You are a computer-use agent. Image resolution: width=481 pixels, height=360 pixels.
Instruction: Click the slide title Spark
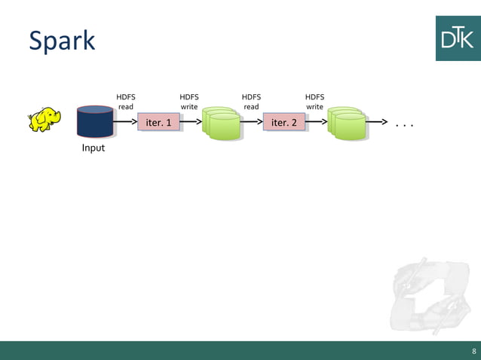(62, 41)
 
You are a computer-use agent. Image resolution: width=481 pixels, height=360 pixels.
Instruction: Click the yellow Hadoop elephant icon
(44, 119)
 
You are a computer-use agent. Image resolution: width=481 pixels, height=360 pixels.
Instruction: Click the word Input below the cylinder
(93, 148)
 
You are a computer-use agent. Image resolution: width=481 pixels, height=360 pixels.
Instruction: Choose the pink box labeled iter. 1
(158, 122)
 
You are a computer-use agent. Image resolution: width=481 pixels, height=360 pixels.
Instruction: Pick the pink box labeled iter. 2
(284, 122)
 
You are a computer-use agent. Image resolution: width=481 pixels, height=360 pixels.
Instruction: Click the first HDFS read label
(126, 102)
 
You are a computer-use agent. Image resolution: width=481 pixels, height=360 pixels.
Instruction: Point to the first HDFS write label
(188, 102)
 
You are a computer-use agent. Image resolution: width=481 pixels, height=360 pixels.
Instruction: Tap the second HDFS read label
(251, 102)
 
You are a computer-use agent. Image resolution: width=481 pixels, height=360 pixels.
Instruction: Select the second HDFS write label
(314, 102)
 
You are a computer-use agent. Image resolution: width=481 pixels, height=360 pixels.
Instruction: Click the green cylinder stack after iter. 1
(221, 123)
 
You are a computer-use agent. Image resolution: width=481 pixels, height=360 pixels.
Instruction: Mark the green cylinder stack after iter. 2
(347, 123)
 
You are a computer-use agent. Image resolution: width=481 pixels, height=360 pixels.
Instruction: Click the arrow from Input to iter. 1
(125, 122)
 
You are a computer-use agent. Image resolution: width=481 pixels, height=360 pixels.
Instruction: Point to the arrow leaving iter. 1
(191, 122)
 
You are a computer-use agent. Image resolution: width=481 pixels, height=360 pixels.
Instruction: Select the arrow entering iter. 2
(251, 122)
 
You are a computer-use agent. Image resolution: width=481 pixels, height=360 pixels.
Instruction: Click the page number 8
(473, 351)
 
